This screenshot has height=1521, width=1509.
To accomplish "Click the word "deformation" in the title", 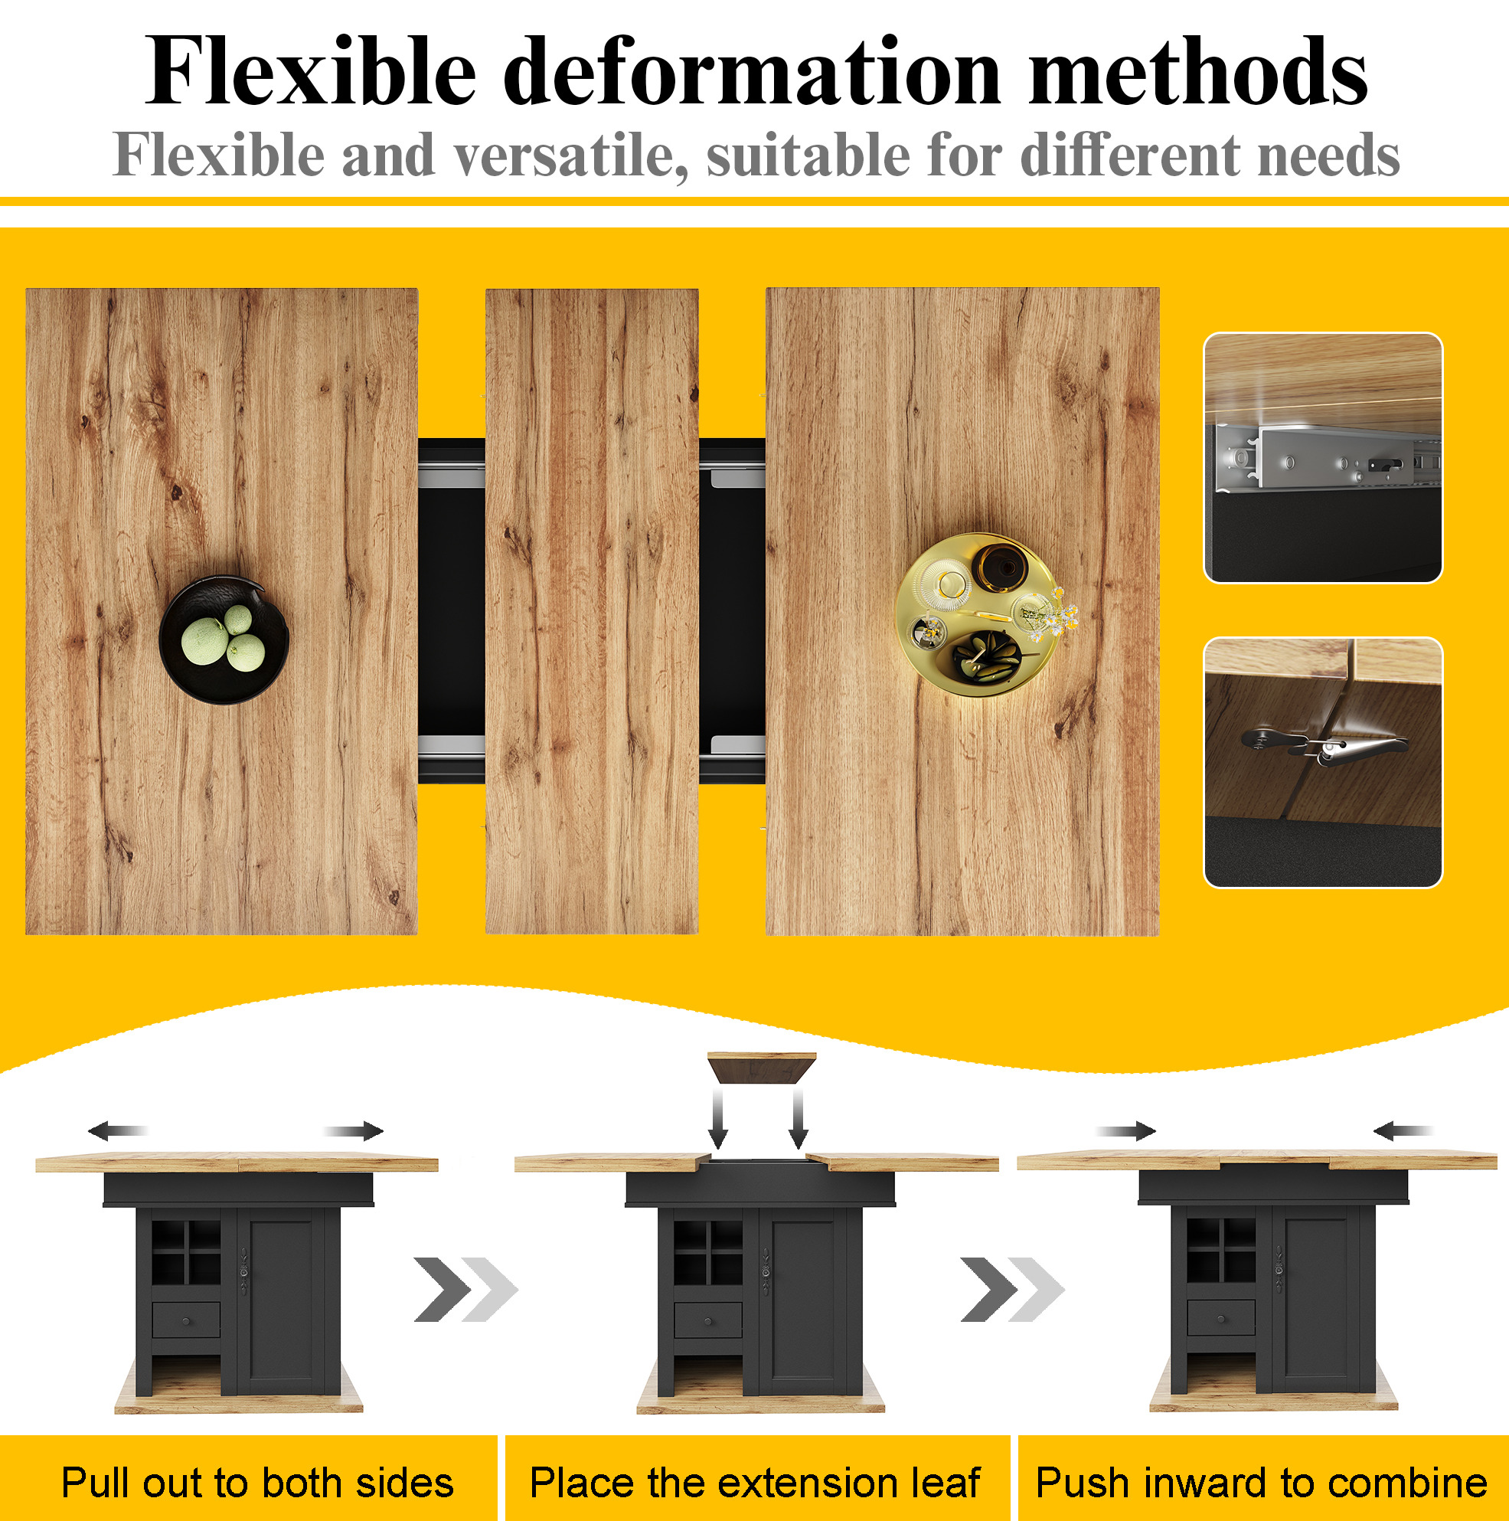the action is [x=752, y=73].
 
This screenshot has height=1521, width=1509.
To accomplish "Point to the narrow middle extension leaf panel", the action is [x=592, y=611].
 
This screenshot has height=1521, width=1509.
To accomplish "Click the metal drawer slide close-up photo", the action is [x=1322, y=457].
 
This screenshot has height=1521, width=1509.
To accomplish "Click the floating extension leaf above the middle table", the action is [x=761, y=1067].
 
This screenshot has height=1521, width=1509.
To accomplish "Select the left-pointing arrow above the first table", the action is [x=117, y=1131].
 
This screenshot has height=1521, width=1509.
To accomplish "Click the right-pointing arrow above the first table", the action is [x=354, y=1131].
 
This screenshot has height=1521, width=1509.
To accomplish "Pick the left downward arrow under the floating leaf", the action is [x=718, y=1119].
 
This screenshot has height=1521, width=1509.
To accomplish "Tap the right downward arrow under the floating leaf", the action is [x=799, y=1119].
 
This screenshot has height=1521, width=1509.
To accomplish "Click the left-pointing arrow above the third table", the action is [x=1403, y=1131].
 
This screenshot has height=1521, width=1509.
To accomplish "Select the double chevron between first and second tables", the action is [x=466, y=1290].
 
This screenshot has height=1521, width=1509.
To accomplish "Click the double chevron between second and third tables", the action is [x=1012, y=1290].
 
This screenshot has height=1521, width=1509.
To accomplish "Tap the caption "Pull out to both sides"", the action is [x=257, y=1483].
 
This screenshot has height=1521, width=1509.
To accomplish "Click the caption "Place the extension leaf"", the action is [x=755, y=1483].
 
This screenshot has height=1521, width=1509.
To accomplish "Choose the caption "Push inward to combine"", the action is [x=1261, y=1483].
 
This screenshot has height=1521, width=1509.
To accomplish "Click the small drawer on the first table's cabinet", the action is [x=186, y=1320].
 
